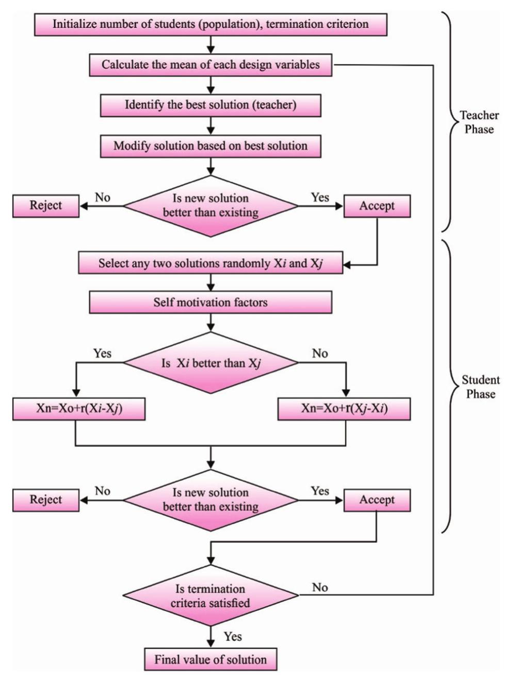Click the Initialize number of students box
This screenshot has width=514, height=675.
point(211,24)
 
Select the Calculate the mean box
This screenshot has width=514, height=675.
point(211,66)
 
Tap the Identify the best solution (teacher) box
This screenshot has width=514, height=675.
point(211,105)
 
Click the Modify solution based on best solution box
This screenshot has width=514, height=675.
point(211,146)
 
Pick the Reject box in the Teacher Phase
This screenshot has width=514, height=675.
point(46,206)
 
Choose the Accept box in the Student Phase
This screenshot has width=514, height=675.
point(377,500)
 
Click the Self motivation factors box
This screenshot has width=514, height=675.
point(211,302)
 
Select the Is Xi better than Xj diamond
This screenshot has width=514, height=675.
point(211,363)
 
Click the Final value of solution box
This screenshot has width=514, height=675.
point(211,660)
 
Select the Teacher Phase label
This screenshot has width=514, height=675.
point(479,122)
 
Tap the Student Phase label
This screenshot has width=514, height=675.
point(480,387)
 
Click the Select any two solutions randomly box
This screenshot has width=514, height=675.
point(211,263)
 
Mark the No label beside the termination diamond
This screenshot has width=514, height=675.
point(320,588)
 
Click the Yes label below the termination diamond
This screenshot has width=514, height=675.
point(233,637)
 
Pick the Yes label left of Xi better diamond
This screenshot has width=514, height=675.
point(102,353)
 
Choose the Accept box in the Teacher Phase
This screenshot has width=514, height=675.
point(377,206)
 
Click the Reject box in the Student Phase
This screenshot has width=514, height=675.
point(46,500)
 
